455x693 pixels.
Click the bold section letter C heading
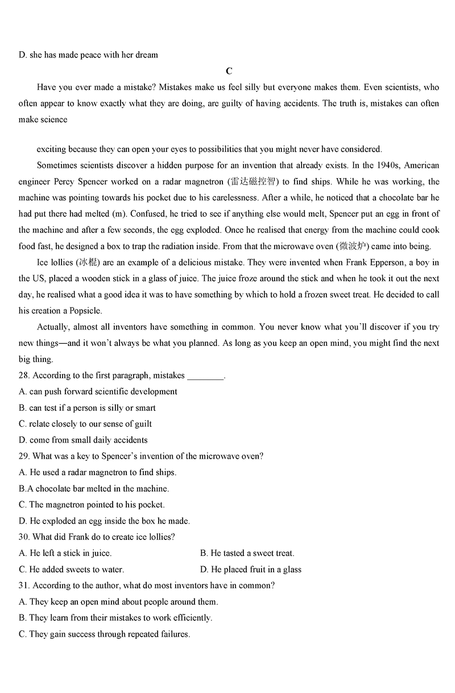coord(229,71)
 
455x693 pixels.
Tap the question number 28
coord(24,376)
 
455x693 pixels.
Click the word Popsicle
coord(85,311)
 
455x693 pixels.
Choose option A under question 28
coord(98,391)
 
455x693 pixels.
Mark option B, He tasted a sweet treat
coord(247,553)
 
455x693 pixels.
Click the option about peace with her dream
coord(88,55)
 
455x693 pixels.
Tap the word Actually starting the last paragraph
coord(53,327)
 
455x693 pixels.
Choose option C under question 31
coord(104,634)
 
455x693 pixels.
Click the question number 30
coord(24,537)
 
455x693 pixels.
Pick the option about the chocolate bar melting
coord(94,489)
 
